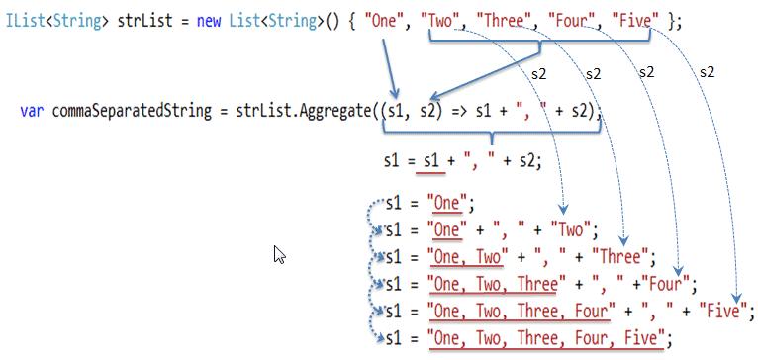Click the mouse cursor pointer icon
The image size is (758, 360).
(279, 255)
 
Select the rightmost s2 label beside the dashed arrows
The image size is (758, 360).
(707, 72)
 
